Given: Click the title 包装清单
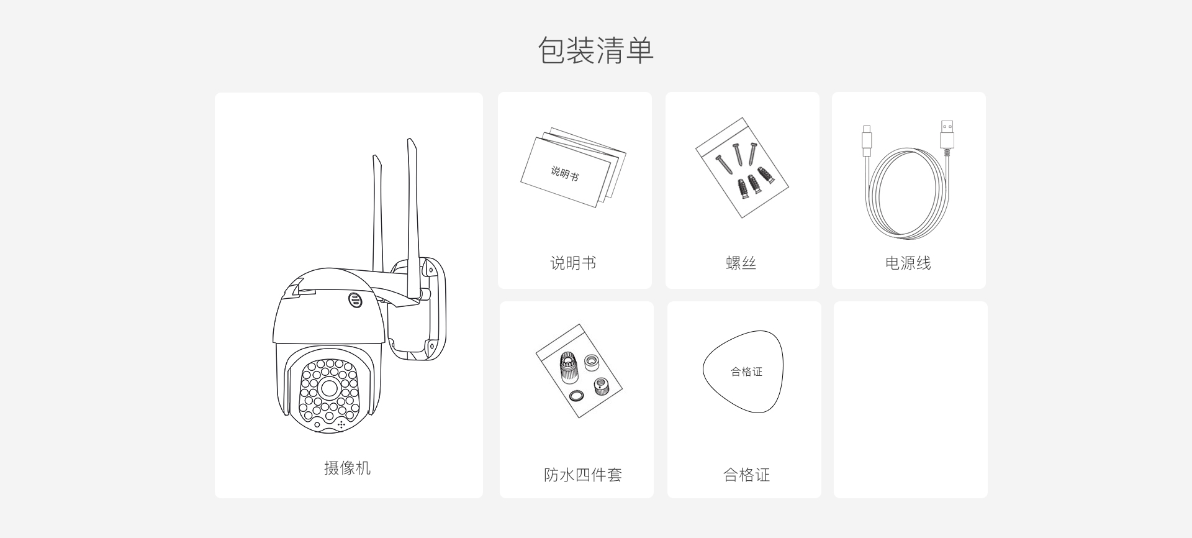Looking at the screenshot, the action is click(595, 50).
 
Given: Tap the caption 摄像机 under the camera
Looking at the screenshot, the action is click(347, 468).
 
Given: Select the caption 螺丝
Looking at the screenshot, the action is click(741, 263).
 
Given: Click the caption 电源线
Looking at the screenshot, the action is click(908, 263).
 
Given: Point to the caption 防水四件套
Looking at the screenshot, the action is click(582, 475).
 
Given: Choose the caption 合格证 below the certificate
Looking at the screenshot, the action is click(746, 475).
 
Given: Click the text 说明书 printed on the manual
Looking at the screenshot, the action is click(564, 173).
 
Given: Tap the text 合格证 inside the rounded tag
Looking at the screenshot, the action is click(746, 372).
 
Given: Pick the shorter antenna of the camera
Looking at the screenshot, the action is click(377, 211).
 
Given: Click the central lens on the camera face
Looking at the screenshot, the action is click(329, 389).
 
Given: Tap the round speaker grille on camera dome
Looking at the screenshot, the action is click(355, 300).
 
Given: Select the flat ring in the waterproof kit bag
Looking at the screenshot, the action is click(576, 395).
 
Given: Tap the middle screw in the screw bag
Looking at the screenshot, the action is click(738, 155).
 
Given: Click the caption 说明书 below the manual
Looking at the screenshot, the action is click(573, 263).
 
